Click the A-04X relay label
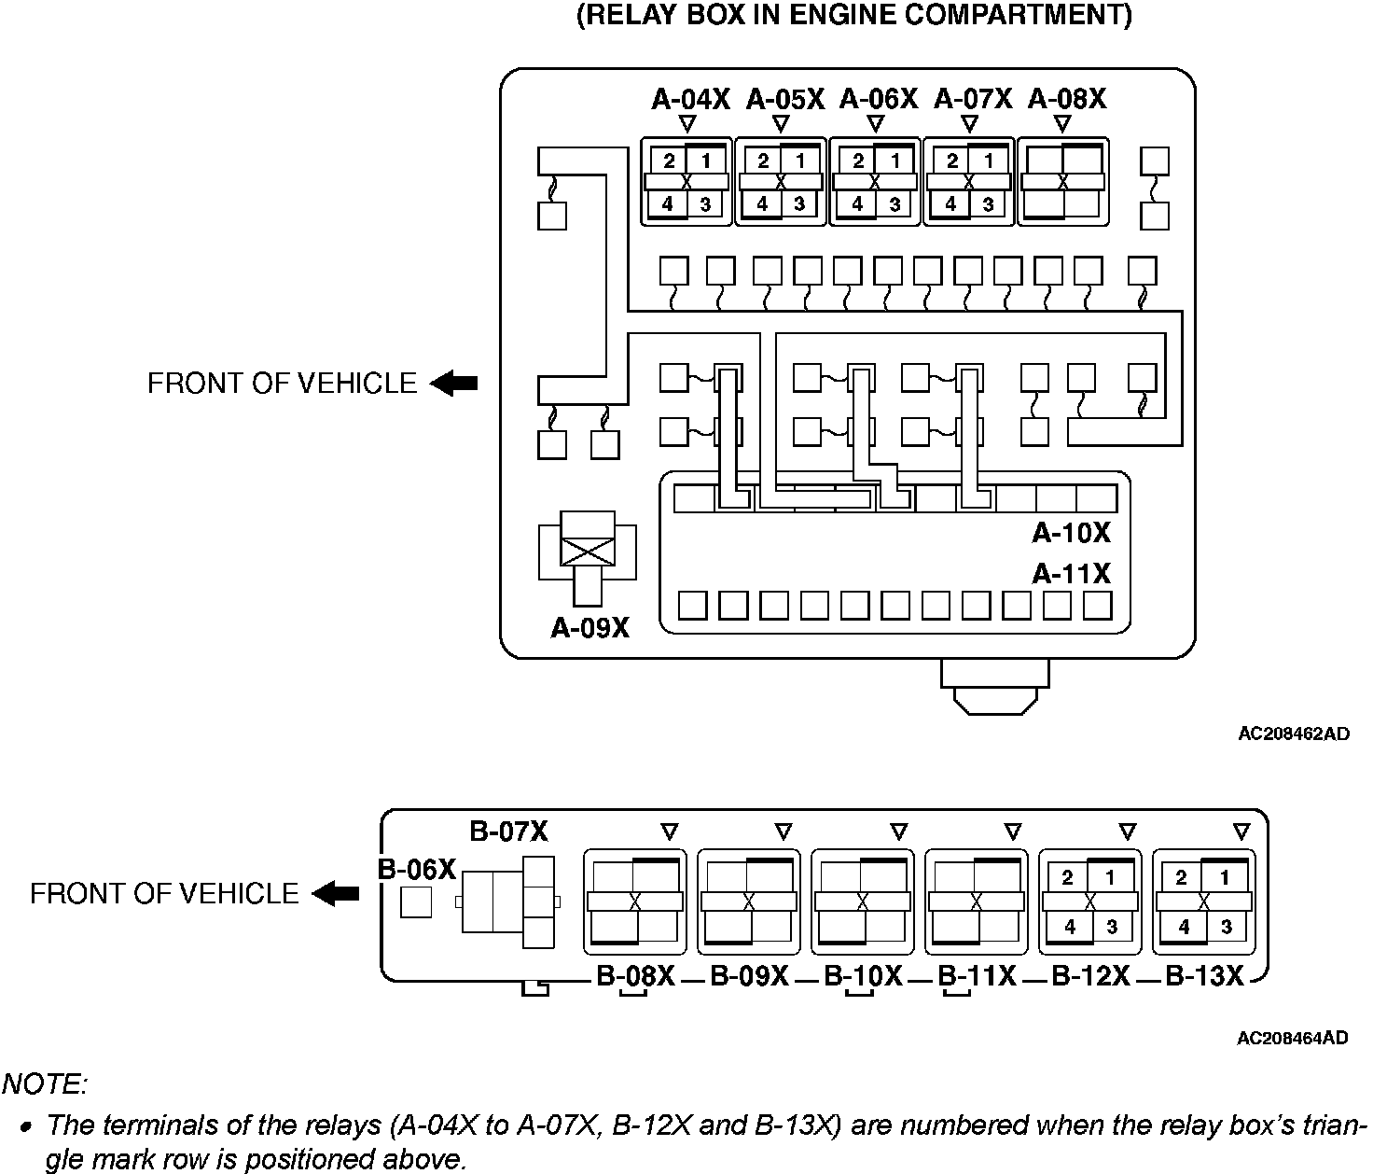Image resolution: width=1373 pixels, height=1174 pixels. (x=690, y=99)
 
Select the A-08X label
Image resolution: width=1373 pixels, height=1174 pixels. (x=1067, y=99)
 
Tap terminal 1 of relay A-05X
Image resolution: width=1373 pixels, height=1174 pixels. (x=800, y=161)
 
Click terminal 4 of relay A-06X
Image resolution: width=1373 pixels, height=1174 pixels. (x=857, y=203)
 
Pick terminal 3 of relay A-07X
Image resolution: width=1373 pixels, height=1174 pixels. (x=988, y=203)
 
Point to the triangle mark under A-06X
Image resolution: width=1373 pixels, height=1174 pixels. (x=875, y=123)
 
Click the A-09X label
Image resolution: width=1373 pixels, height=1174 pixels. (x=589, y=628)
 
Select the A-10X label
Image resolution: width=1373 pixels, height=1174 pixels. (x=1071, y=533)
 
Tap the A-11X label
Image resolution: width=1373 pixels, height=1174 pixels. (x=1071, y=573)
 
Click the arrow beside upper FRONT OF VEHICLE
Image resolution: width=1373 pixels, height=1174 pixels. (x=454, y=383)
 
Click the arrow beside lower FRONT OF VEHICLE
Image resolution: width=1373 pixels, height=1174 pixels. (x=336, y=894)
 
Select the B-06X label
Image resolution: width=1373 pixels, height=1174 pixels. (x=416, y=870)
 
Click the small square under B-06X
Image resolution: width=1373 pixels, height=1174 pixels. (x=416, y=901)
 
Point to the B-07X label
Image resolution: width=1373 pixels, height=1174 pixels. (x=509, y=832)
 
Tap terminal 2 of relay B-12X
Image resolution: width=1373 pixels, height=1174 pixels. (x=1067, y=877)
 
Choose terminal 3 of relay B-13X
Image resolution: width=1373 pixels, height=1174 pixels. (x=1226, y=927)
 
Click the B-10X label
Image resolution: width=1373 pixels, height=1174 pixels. (x=863, y=976)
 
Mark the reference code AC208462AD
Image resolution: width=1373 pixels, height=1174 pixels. (x=1293, y=734)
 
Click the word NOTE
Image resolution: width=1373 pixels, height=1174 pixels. (x=45, y=1084)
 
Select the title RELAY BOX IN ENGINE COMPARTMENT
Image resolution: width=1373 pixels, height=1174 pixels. (x=854, y=17)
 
